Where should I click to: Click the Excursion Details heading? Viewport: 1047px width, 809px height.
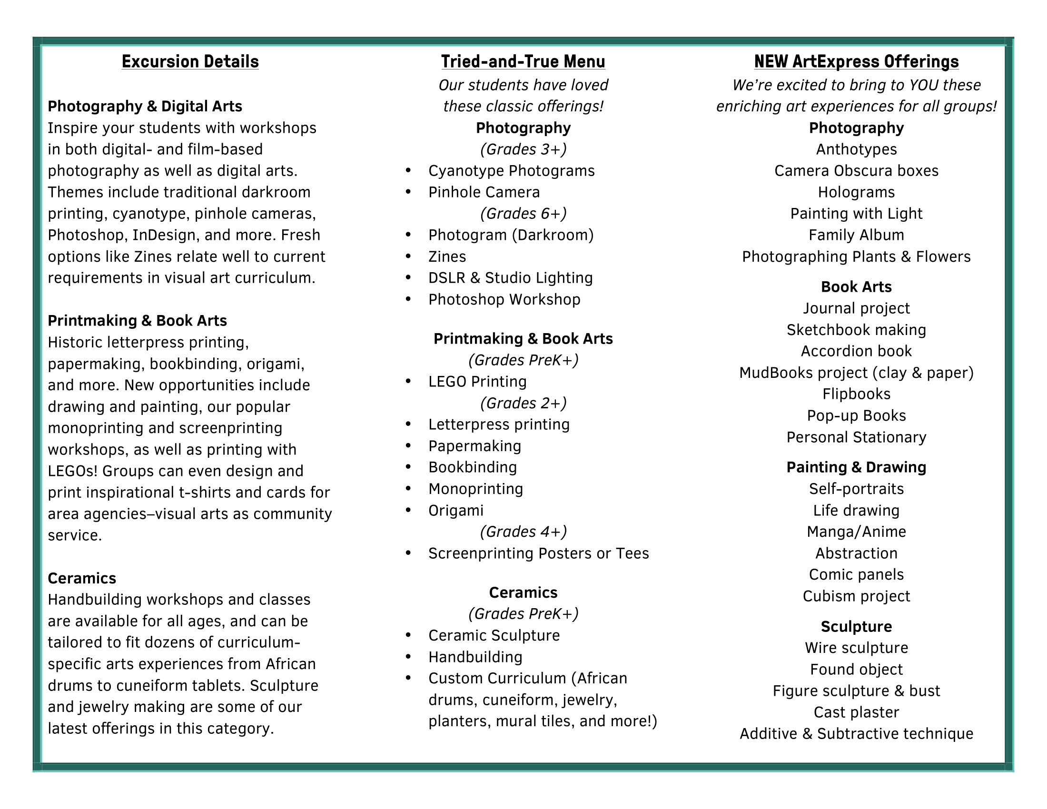click(190, 62)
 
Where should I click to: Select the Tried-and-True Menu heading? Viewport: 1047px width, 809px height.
click(523, 62)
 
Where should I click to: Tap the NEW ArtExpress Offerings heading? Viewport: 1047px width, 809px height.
click(856, 62)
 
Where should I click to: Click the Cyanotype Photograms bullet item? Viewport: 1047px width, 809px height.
click(511, 171)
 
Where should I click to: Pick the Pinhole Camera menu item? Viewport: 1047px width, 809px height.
click(484, 192)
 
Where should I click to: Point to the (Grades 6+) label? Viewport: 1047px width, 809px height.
click(523, 214)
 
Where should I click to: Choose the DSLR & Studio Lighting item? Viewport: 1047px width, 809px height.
click(510, 278)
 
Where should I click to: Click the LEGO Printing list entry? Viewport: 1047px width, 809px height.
click(477, 382)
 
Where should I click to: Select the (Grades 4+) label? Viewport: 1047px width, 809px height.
click(523, 532)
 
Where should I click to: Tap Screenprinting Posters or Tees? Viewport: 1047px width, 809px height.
click(538, 553)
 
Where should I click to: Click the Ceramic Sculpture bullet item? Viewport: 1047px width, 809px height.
click(494, 635)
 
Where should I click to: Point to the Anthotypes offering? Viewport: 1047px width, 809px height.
click(856, 149)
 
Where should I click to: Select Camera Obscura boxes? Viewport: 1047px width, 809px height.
click(856, 171)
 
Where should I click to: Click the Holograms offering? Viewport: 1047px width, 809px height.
click(856, 192)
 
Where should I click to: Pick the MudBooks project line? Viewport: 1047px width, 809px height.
click(856, 373)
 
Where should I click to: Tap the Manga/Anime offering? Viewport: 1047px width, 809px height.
click(856, 532)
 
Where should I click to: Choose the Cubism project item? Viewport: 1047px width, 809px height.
click(856, 596)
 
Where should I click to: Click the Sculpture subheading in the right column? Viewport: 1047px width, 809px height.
click(856, 626)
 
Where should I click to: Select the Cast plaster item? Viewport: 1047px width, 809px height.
click(856, 712)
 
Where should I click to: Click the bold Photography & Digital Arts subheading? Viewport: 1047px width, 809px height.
click(145, 107)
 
